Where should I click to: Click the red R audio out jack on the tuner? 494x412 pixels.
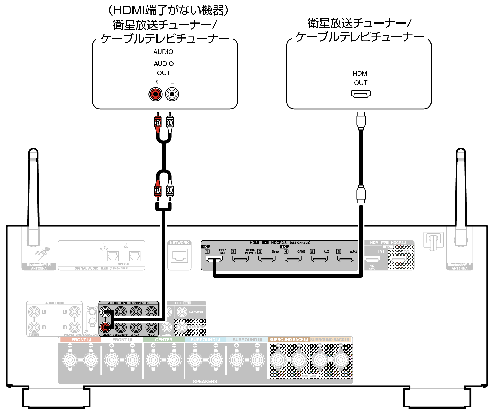[x=155, y=94]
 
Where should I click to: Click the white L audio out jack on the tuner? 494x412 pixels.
[x=172, y=94]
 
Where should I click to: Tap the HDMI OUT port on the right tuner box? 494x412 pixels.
[x=360, y=94]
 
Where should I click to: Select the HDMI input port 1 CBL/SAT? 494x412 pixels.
[x=214, y=258]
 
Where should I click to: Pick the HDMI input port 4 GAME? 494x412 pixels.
[x=293, y=258]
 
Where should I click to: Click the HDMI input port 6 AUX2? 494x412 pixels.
[x=346, y=258]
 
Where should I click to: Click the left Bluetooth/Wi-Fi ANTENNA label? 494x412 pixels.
[x=39, y=266]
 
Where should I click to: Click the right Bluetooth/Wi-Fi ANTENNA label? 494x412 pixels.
[x=459, y=266]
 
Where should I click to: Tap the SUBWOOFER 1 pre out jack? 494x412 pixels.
[x=182, y=312]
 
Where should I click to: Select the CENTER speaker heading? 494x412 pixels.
[x=164, y=340]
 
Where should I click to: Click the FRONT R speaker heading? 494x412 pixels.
[x=81, y=340]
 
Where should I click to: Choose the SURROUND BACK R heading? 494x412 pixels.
[x=288, y=340]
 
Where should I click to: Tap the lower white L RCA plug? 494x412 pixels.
[x=170, y=191]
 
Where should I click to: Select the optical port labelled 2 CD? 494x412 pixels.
[x=135, y=256]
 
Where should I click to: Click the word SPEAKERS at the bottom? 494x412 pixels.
[x=205, y=382]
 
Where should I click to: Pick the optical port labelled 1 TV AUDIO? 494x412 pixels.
[x=113, y=256]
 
